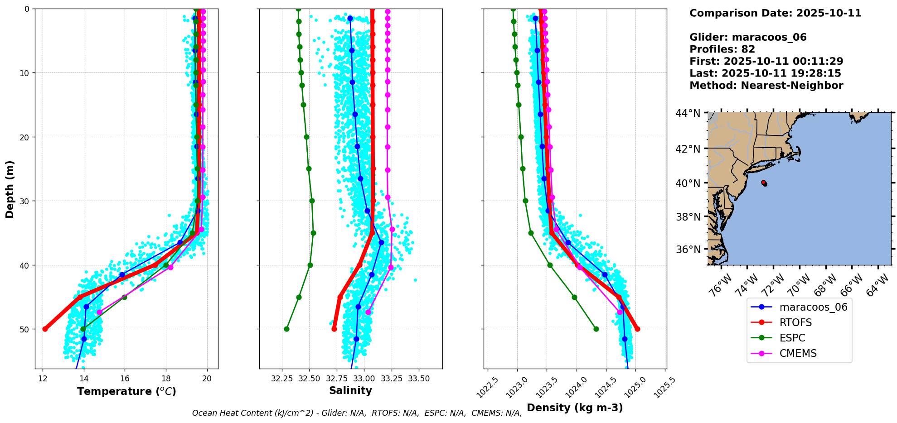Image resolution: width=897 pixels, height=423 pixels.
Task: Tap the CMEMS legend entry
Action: click(798, 353)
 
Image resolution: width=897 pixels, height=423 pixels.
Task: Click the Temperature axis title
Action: click(126, 391)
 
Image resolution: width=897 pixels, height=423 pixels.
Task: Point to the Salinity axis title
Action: click(350, 390)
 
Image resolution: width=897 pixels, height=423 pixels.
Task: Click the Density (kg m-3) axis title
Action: click(575, 408)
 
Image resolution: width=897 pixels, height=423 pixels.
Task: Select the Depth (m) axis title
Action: click(10, 189)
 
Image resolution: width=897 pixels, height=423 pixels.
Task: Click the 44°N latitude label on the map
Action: click(688, 113)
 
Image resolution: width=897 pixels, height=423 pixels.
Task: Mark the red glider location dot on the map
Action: click(764, 183)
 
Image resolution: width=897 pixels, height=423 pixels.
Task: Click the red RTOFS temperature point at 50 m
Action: click(45, 329)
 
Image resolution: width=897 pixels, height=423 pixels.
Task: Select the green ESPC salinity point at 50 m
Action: click(286, 329)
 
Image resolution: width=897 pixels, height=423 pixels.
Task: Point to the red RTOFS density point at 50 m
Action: click(637, 329)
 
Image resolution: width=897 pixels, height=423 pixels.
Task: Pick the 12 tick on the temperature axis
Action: click(43, 378)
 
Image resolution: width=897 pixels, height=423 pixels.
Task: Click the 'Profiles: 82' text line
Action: click(722, 49)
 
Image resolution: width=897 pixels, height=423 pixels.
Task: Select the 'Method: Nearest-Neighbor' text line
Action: click(766, 86)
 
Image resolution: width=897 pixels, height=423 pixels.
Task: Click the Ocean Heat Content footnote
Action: click(357, 413)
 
